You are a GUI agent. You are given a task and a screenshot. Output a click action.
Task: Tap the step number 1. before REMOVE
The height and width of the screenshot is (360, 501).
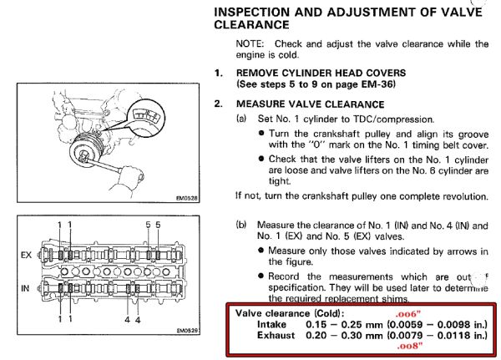219,73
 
